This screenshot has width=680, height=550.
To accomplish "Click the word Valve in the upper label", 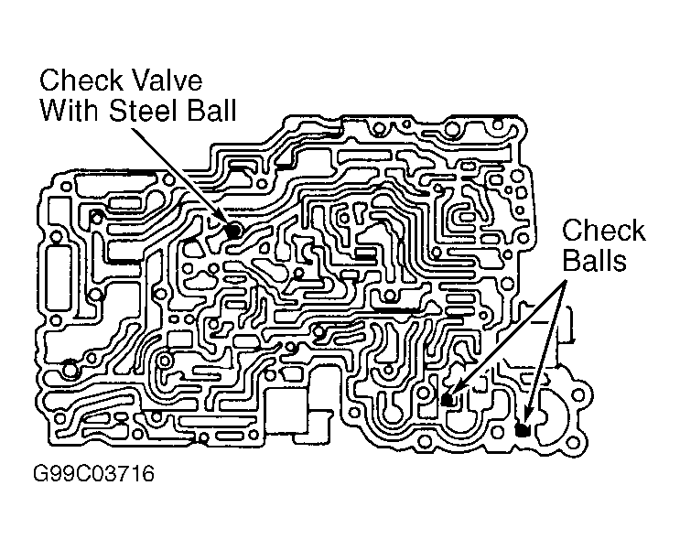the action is pyautogui.click(x=167, y=81).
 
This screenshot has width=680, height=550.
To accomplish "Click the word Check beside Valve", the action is pyautogui.click(x=81, y=81).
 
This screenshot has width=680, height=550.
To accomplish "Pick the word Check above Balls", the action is pyautogui.click(x=603, y=231).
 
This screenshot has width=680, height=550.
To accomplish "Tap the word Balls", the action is pyautogui.click(x=595, y=261).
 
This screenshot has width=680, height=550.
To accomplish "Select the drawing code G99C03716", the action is pyautogui.click(x=93, y=473).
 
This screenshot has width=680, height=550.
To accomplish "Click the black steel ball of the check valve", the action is pyautogui.click(x=234, y=231).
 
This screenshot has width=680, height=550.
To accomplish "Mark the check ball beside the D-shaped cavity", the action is pyautogui.click(x=523, y=430).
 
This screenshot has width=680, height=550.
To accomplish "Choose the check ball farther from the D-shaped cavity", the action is pyautogui.click(x=448, y=399).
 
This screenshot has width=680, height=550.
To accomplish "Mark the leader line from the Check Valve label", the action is pyautogui.click(x=180, y=175).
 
